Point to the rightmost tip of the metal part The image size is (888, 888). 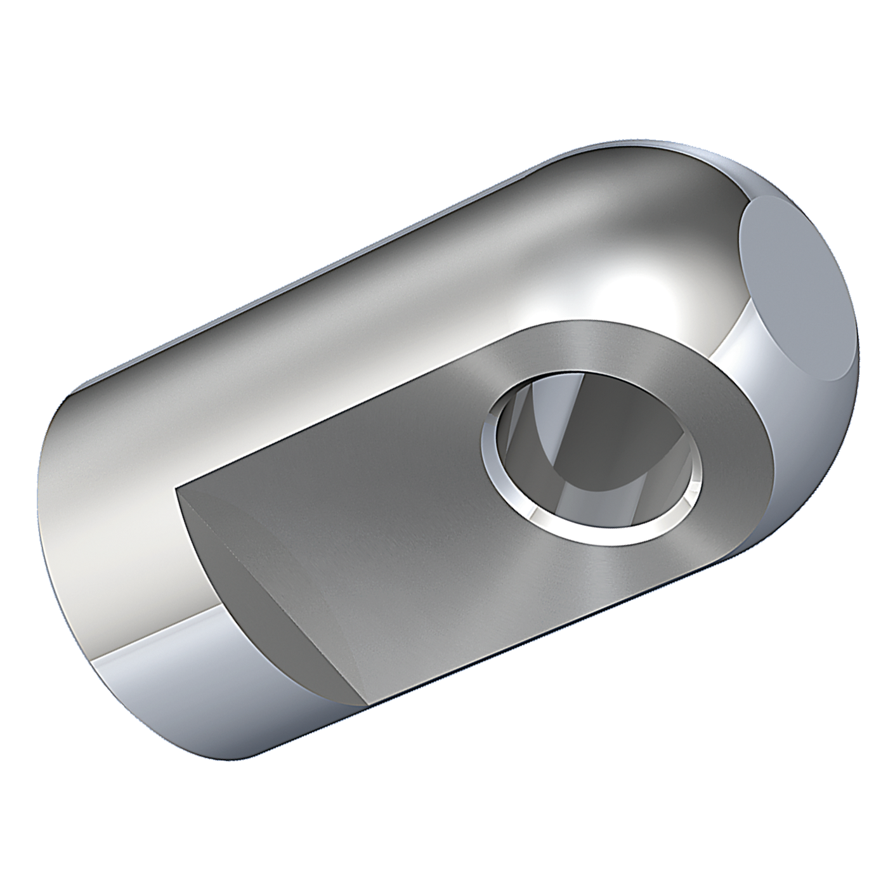pos(859,343)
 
